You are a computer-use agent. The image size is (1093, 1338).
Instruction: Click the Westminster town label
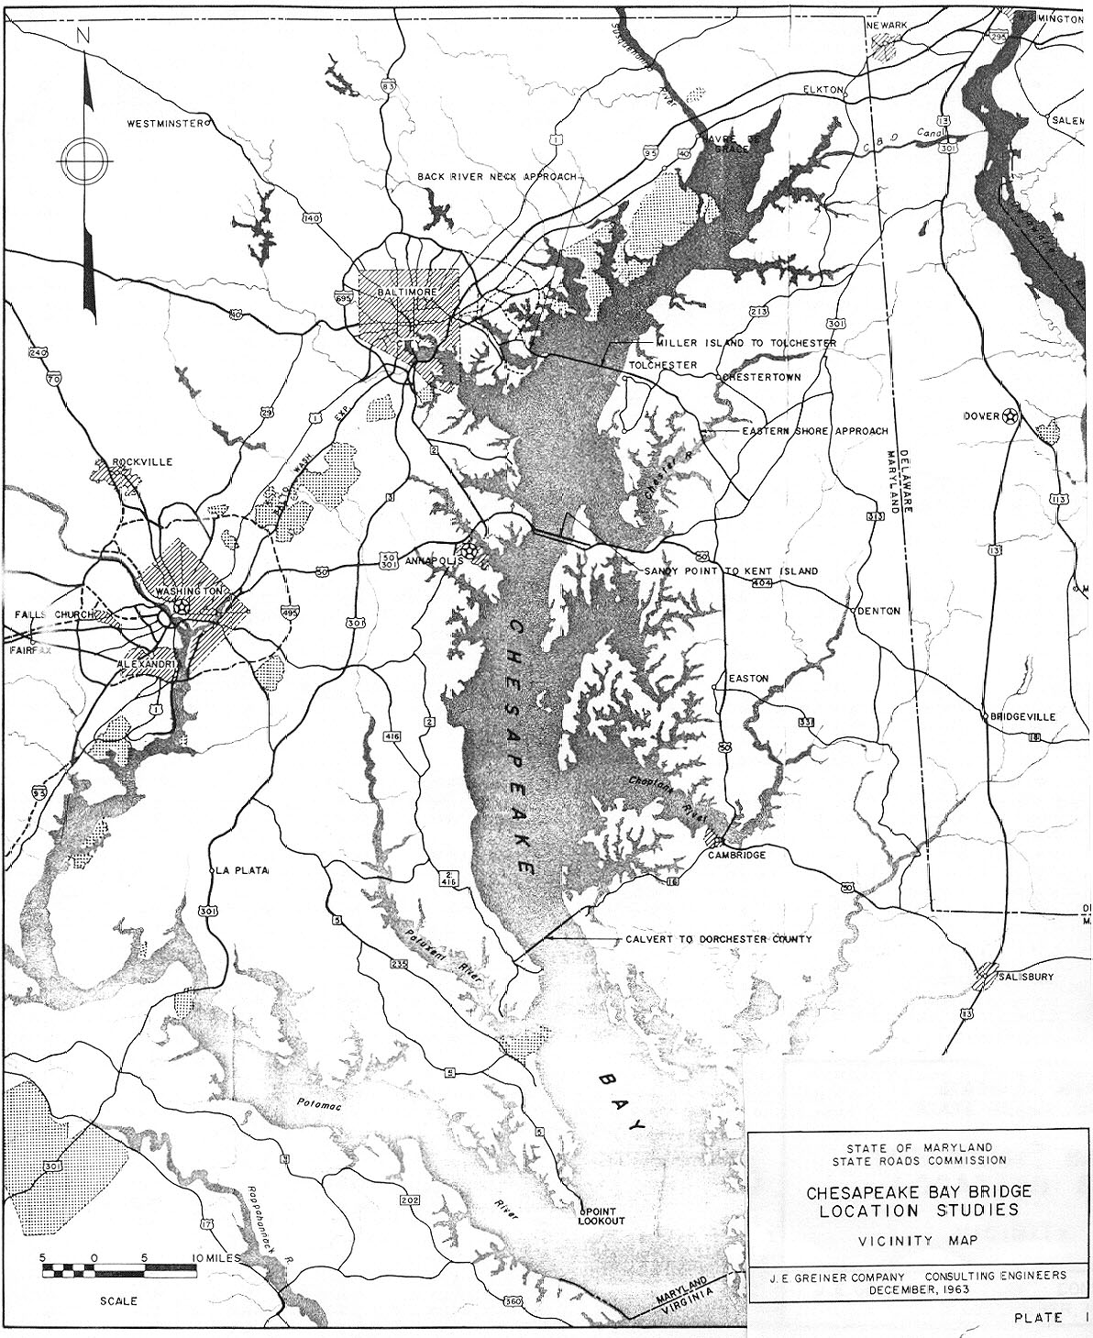[163, 123]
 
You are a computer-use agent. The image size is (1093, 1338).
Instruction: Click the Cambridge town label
[736, 854]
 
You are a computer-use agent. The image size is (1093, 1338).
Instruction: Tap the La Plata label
[241, 870]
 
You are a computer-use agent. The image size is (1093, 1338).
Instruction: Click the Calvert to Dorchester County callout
[718, 939]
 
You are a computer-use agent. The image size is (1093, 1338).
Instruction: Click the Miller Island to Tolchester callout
[745, 342]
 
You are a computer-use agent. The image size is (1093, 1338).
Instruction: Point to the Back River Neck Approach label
[496, 175]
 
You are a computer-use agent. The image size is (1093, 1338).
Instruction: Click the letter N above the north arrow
[83, 37]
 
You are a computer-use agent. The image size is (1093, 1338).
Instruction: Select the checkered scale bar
[118, 1271]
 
